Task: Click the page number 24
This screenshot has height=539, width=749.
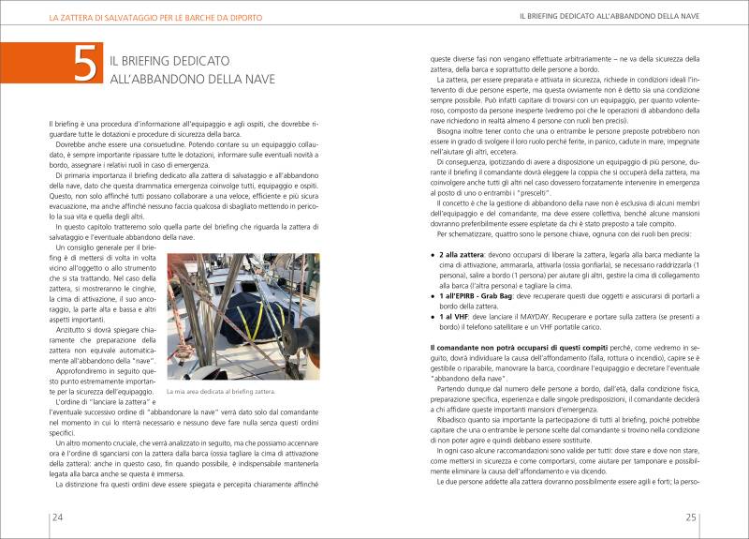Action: (57, 517)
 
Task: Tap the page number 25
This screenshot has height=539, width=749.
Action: (690, 517)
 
